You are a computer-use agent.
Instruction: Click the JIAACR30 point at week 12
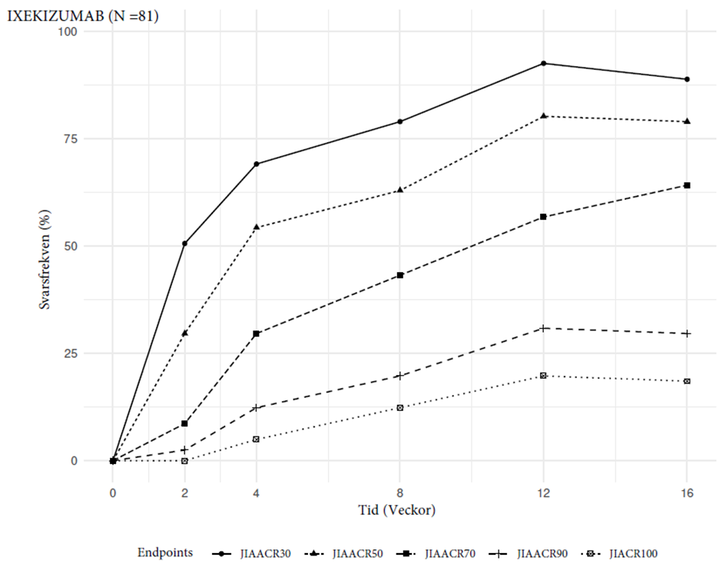[543, 63]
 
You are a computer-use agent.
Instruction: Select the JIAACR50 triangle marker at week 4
[257, 227]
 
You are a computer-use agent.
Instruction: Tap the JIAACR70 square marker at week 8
[400, 275]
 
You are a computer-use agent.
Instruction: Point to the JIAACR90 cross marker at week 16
[687, 333]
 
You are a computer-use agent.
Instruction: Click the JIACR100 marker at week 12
[543, 376]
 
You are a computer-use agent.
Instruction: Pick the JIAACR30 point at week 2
[185, 244]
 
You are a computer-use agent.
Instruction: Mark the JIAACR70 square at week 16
[687, 185]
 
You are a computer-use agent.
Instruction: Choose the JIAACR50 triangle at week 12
[543, 115]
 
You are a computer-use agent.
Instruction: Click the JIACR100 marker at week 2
[185, 461]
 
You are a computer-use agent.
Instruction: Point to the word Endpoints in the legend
[165, 552]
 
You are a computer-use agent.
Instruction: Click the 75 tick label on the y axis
[91, 138]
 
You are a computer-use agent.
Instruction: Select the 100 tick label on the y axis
[88, 31]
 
